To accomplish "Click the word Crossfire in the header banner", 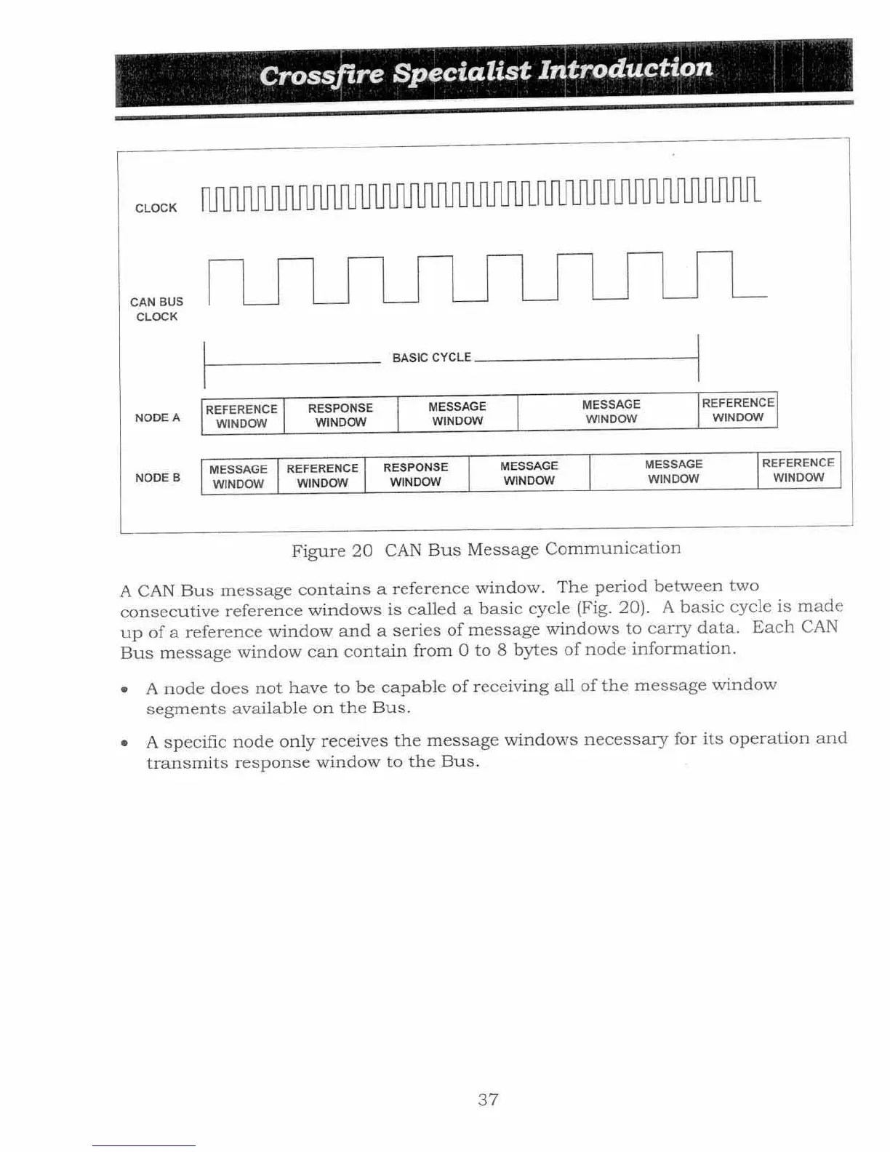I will pos(321,74).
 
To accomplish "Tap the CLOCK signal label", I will pos(156,208).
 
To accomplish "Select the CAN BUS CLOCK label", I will pos(156,309).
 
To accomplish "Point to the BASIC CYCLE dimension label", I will pos(431,358).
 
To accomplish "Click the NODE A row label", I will pos(157,417).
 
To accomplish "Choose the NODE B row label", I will pos(157,478).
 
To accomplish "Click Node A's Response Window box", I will pos(340,415).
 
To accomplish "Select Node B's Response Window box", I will pos(416,474).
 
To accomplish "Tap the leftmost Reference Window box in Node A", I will pos(241,417).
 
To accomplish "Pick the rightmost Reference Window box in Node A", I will pos(737,410).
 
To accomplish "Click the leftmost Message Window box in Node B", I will pos(238,477).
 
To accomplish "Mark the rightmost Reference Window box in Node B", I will pos(798,470).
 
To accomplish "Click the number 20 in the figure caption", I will pos(362,551).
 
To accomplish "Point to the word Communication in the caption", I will pos(613,548).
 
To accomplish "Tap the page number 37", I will pos(488,1100).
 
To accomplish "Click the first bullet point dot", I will pos(125,689).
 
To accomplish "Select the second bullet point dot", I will pos(125,743).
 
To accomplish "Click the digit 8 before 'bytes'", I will pos(502,649).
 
